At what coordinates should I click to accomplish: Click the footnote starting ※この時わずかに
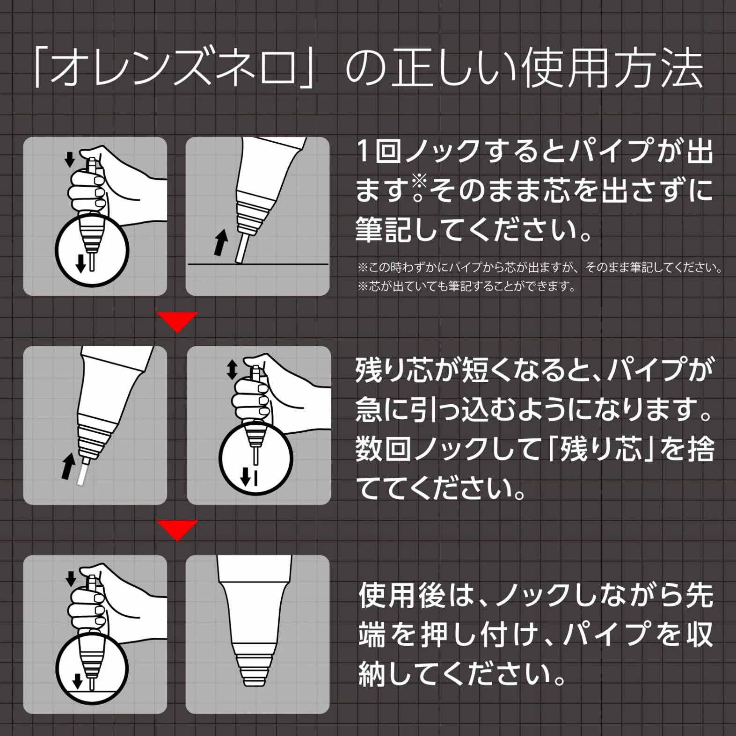[540, 268]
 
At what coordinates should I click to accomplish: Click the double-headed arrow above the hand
[232, 370]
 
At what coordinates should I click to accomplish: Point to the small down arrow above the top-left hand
[70, 159]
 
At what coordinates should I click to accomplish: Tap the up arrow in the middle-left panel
[68, 466]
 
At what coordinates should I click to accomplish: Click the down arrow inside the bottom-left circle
[78, 681]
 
